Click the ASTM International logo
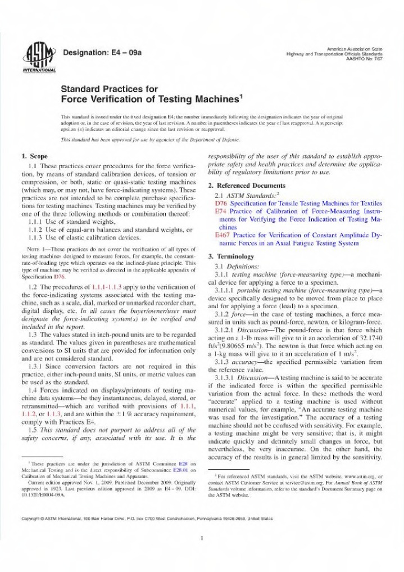pos(38,58)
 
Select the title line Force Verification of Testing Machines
pos(152,100)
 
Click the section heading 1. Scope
pos(34,156)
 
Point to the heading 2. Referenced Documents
pos(247,186)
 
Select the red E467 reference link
pos(223,235)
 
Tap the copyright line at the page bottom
pos(147,517)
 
